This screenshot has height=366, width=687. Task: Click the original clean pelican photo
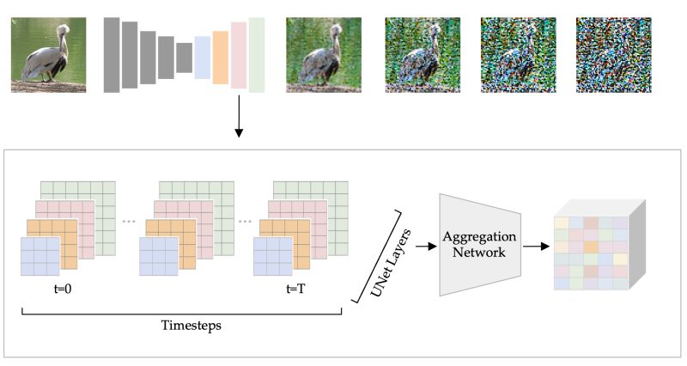pos(48,55)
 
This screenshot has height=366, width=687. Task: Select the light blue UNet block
pos(203,57)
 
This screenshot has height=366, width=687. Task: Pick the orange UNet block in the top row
pos(220,57)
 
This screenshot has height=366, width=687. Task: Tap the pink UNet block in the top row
pos(239,56)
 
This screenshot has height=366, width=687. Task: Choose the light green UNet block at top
pos(257,55)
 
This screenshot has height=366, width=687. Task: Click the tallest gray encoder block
pos(112,55)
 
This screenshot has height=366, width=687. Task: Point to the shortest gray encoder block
pos(184,58)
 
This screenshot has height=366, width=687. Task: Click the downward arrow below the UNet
pos(239,120)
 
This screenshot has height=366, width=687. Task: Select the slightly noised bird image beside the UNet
pos(324,55)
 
